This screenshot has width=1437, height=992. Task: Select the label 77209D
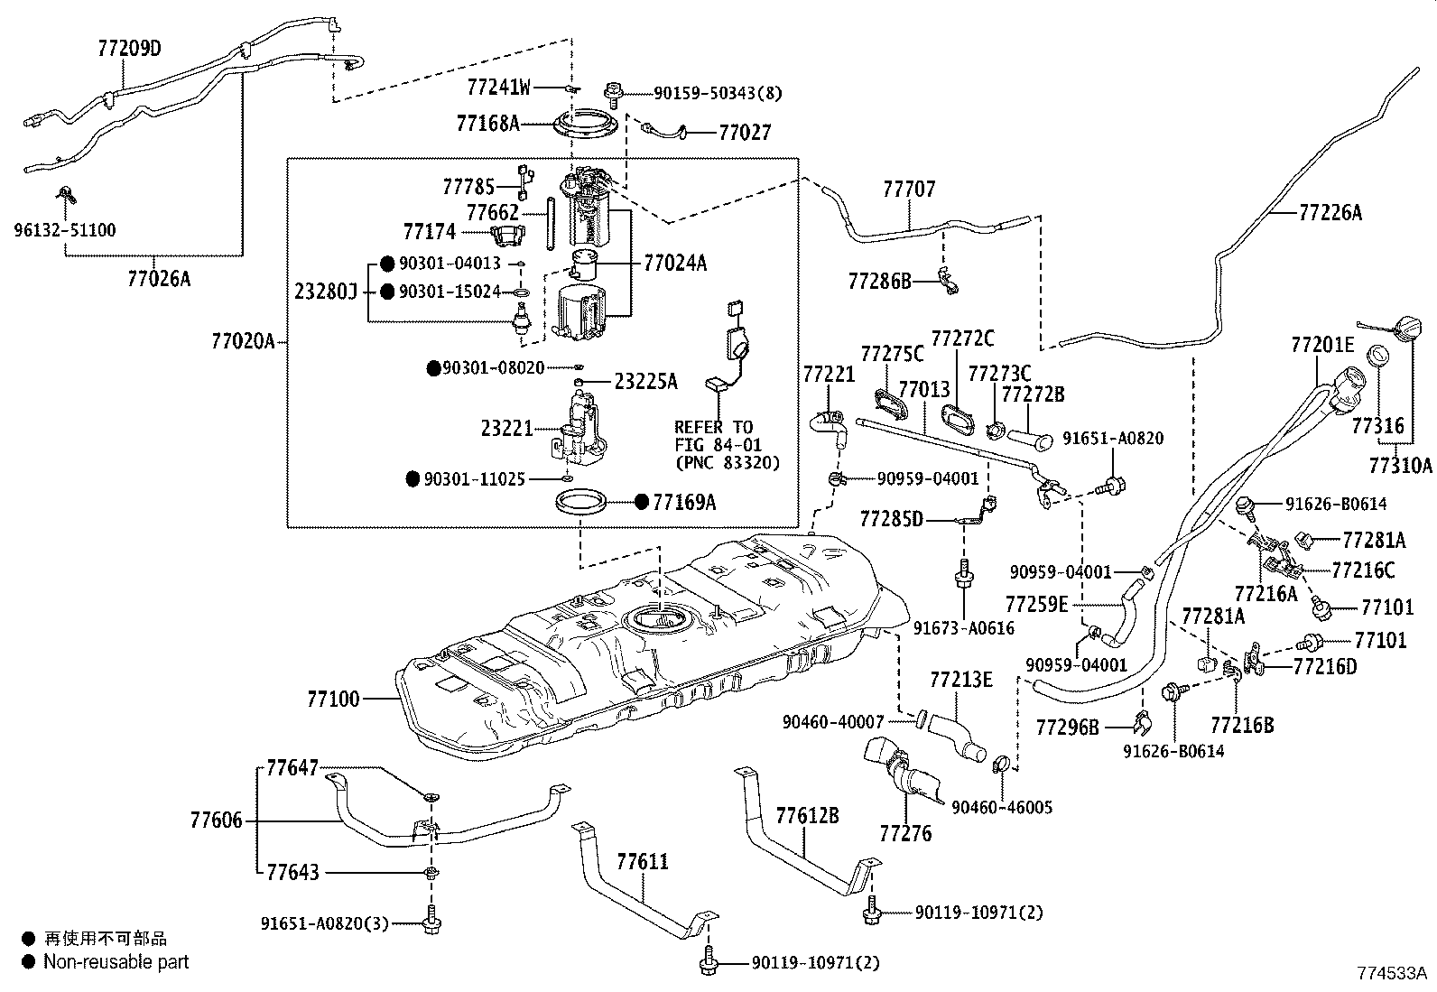pos(129,48)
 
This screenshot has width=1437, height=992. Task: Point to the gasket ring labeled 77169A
pos(579,502)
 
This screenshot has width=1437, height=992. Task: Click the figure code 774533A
pos(1392,974)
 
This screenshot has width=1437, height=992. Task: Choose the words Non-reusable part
pos(116,962)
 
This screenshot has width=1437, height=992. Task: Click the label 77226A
pos(1330,213)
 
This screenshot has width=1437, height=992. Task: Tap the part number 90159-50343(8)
pos(718,92)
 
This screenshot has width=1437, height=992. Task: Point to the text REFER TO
pos(713,427)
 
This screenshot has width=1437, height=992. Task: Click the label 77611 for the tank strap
pos(643,862)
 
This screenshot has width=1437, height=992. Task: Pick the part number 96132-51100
pos(65,230)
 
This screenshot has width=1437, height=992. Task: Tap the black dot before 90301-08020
pos(433,368)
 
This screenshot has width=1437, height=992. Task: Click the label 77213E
pos(960,680)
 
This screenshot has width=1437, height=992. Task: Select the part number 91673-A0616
pos(963,627)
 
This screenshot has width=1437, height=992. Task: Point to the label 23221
pos(507,431)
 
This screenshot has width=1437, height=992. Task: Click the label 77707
pos(909,190)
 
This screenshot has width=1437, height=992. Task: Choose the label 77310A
pos(1400,465)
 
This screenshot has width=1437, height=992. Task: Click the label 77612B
pos(807,816)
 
